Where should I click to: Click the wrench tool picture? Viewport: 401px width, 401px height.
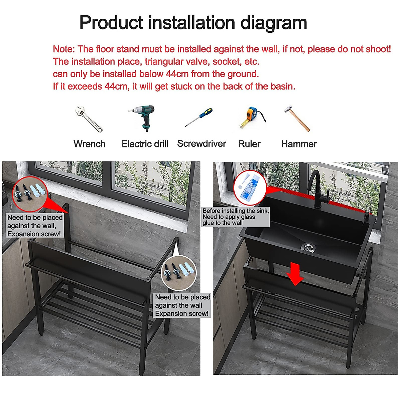pyautogui.click(x=89, y=119)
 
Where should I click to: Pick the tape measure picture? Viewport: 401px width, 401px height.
pyautogui.click(x=251, y=118)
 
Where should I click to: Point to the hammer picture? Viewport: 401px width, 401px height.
pyautogui.click(x=297, y=119)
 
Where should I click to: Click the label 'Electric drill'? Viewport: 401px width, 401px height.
pyautogui.click(x=145, y=144)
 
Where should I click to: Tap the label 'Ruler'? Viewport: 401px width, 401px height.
pyautogui.click(x=249, y=144)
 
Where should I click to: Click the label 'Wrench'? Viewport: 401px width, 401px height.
pyautogui.click(x=89, y=144)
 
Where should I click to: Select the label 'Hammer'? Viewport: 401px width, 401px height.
pyautogui.click(x=299, y=144)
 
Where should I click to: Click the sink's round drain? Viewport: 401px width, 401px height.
pyautogui.click(x=308, y=247)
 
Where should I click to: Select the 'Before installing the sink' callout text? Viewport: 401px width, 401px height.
pyautogui.click(x=236, y=217)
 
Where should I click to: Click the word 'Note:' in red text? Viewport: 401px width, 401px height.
pyautogui.click(x=64, y=49)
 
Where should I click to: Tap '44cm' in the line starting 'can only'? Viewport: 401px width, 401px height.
pyautogui.click(x=177, y=74)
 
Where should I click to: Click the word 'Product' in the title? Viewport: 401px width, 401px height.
pyautogui.click(x=112, y=23)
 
